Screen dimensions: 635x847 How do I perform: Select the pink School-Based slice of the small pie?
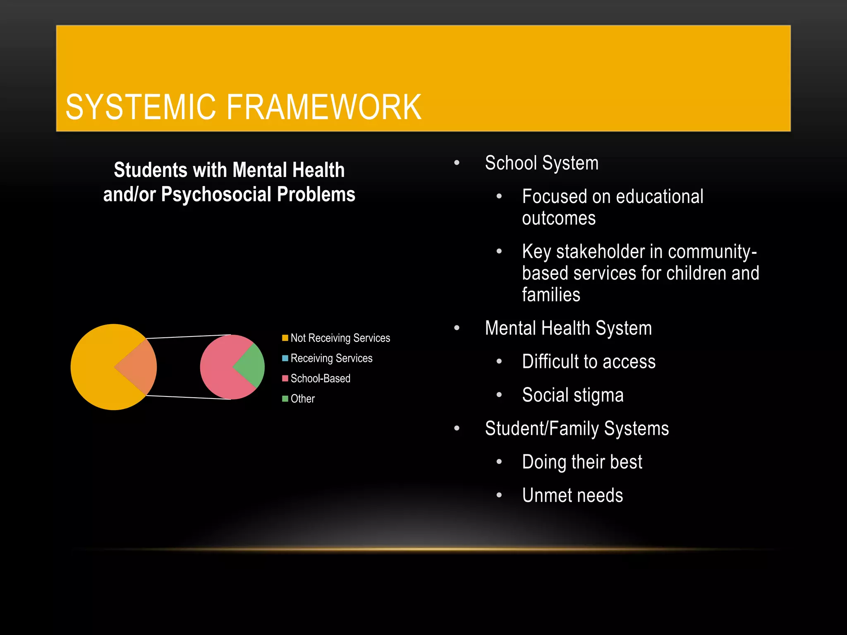coord(219,368)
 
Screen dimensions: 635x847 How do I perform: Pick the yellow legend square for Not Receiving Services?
coord(285,338)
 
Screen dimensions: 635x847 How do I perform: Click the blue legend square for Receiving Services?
coord(285,358)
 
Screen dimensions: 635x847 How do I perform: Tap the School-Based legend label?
coord(320,378)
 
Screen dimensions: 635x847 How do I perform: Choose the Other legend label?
coord(302,399)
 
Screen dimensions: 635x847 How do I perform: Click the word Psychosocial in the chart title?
coord(217,194)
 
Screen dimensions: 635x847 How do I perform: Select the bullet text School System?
coord(541,163)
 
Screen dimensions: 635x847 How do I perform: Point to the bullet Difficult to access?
coord(589,362)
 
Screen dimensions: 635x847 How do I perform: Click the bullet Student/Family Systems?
coord(577,429)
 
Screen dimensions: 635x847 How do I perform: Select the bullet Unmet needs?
coord(572,495)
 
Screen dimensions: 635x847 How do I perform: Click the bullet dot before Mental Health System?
coord(457,328)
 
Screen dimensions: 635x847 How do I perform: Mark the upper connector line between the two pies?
coord(188,337)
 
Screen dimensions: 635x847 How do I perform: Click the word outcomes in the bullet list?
coord(559,218)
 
